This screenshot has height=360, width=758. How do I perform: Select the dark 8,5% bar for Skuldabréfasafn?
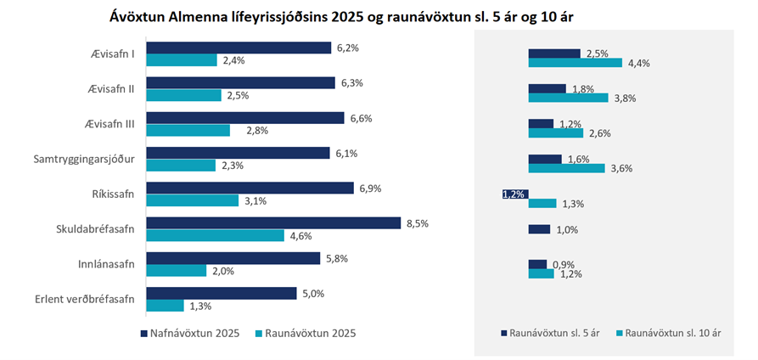273,223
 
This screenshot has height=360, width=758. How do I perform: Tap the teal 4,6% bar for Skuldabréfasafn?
216,235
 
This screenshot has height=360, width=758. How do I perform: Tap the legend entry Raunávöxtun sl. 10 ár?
671,334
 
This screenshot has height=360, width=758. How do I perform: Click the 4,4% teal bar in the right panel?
575,63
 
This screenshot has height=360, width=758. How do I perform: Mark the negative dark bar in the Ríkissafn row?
515,194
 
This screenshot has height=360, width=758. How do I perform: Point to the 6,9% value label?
369,188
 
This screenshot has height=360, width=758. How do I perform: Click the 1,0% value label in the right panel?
566,229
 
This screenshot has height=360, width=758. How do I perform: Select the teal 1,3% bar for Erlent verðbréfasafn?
166,306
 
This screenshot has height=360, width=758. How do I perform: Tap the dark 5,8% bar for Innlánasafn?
233,258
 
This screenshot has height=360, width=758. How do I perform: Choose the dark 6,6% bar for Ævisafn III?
245,118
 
